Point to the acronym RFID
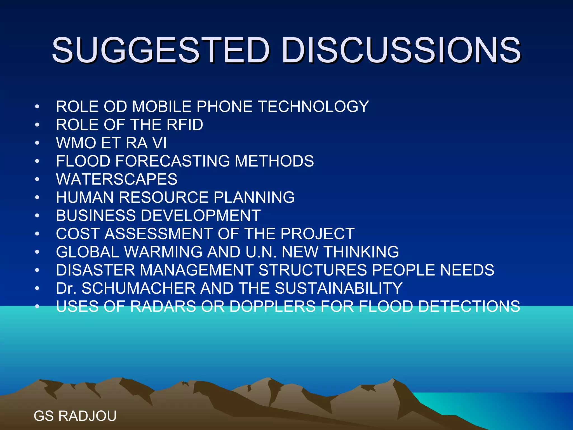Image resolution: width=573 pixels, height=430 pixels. (x=185, y=125)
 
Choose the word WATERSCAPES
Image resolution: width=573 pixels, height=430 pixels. (x=117, y=179)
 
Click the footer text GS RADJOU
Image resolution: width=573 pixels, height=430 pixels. (x=75, y=416)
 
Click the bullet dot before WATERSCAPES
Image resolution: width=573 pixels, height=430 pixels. (x=37, y=179)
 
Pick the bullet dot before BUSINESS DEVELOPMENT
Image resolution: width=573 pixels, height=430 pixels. (x=37, y=216)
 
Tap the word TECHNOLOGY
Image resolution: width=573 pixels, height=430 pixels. (x=313, y=107)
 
